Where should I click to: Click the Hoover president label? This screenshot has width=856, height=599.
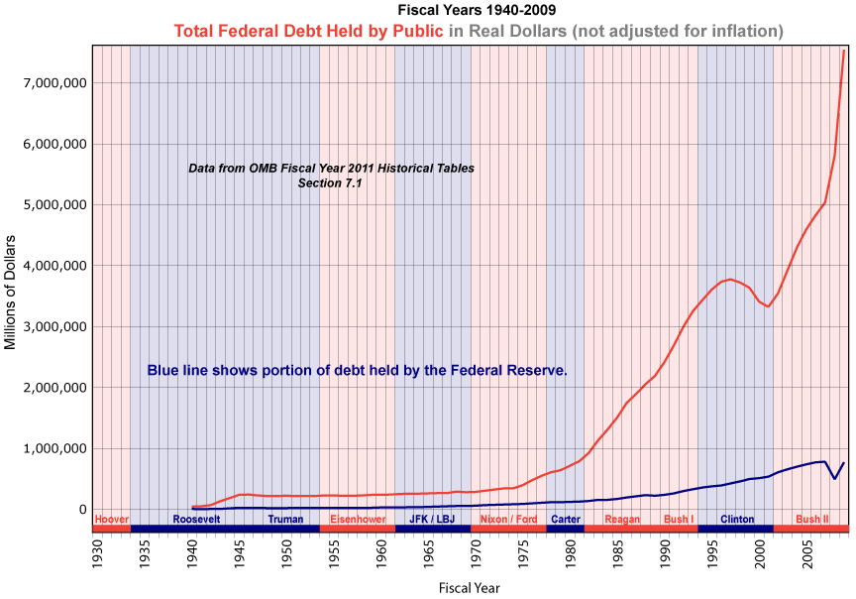tap(111, 519)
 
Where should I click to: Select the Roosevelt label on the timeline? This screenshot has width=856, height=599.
tap(196, 519)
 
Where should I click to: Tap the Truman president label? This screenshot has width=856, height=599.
tap(285, 519)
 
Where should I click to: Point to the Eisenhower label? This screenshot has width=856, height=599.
tap(358, 519)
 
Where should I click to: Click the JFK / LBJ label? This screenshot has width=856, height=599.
tap(432, 519)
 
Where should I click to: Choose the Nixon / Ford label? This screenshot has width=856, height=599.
tap(508, 519)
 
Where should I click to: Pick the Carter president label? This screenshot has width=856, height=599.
tap(566, 519)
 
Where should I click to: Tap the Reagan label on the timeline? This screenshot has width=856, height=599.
tap(622, 519)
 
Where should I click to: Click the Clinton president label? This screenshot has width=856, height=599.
tap(737, 519)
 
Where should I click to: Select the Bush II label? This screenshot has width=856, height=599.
tap(812, 519)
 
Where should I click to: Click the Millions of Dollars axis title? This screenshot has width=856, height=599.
tap(11, 292)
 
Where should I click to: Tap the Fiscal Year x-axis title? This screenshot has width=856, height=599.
tap(469, 587)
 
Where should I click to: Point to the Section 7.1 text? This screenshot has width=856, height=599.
tap(331, 182)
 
